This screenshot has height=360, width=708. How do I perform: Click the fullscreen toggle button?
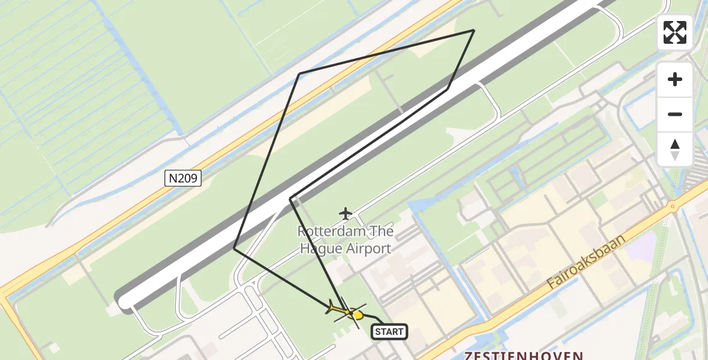675,32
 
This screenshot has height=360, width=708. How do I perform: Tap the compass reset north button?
675,149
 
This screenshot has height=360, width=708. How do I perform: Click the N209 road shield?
182,178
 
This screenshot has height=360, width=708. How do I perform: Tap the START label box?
389,332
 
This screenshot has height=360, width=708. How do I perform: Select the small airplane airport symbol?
346,213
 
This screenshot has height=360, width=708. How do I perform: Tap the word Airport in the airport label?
367,248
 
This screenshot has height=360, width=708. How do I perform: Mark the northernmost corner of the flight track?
474,30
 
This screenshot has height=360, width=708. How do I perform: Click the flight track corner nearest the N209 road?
299,74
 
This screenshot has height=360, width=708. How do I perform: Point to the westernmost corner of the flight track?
234,248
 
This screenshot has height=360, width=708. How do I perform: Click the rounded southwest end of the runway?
125,301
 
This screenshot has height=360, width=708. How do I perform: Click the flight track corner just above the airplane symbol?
290,199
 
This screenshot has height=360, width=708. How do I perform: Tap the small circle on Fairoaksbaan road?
673,207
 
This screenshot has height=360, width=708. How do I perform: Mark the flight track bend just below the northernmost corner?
448,89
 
